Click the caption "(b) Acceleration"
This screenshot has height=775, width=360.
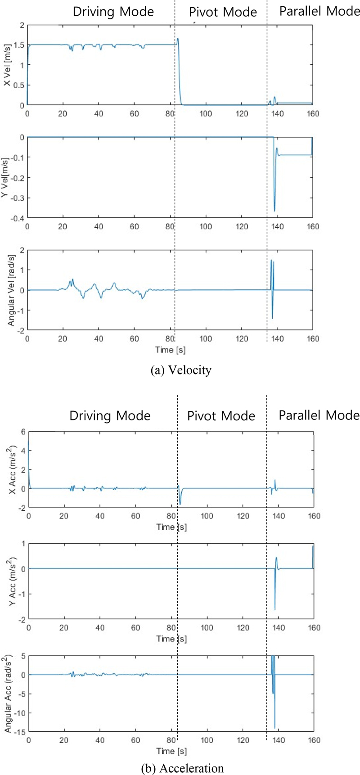pos(182,768)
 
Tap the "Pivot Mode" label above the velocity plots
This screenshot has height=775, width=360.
pos(223,12)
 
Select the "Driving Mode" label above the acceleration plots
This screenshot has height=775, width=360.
pos(110,415)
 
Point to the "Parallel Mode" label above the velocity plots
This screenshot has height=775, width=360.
pos(319,11)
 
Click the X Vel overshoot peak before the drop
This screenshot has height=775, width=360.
pos(178,38)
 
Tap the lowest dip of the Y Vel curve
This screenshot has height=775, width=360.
pos(274,211)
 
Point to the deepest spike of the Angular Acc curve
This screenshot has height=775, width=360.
pos(274,728)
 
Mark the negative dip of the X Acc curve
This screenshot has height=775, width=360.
pos(180,504)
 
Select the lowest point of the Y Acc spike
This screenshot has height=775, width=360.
pos(274,610)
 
